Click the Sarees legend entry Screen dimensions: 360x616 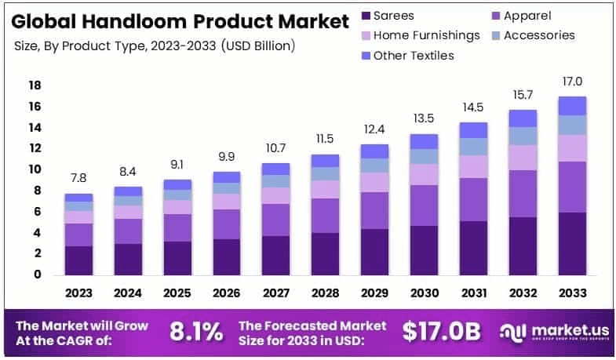[393, 16]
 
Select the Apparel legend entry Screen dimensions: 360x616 [527, 16]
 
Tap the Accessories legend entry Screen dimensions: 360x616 [538, 35]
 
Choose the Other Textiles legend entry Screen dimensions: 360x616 [413, 55]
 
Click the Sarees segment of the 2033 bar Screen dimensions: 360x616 [572, 243]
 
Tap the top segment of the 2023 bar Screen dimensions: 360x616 [78, 198]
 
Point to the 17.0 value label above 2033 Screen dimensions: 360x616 [572, 82]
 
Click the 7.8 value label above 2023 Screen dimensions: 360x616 [78, 178]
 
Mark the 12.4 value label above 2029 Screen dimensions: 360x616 [375, 129]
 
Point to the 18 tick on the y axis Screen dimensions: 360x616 [35, 85]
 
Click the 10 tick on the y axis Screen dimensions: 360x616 [35, 169]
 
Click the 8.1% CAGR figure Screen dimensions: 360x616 [196, 331]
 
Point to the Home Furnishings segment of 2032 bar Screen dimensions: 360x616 [523, 158]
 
